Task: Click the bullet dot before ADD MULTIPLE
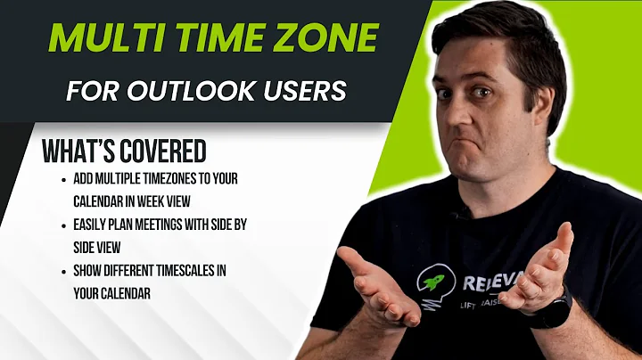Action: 65,179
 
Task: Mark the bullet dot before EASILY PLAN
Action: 65,225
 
